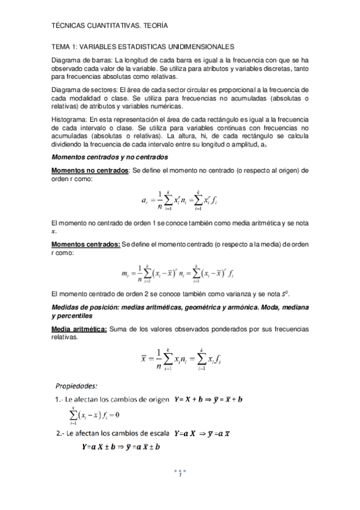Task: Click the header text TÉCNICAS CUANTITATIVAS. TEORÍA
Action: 110,26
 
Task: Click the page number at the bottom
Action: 180,476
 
